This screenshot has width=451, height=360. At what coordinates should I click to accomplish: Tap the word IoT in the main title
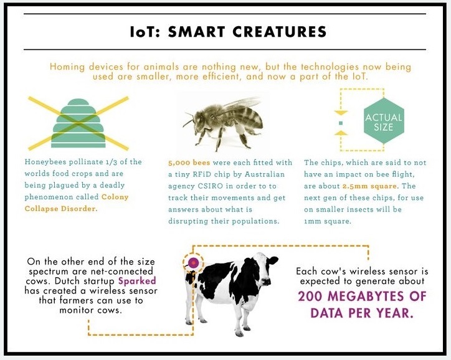click(x=141, y=32)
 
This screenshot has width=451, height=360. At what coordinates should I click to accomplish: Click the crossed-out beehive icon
click(x=78, y=123)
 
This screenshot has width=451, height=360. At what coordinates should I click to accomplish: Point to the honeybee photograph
click(x=224, y=121)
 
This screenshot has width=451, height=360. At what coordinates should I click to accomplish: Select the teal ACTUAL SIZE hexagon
click(x=384, y=121)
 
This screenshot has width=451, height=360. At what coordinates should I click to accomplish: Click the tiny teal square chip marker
click(x=341, y=123)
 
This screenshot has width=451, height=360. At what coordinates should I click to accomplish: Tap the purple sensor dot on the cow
click(x=193, y=262)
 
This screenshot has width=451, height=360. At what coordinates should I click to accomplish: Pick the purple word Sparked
click(x=137, y=281)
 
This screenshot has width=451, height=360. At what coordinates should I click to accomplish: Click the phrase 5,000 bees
click(x=189, y=163)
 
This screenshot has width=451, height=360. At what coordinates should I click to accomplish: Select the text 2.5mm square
click(x=369, y=186)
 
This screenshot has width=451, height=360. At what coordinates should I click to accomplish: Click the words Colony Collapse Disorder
click(x=77, y=202)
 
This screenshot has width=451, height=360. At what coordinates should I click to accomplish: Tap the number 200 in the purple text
click(x=310, y=296)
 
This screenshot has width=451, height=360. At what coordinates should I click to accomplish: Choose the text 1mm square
click(x=328, y=221)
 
